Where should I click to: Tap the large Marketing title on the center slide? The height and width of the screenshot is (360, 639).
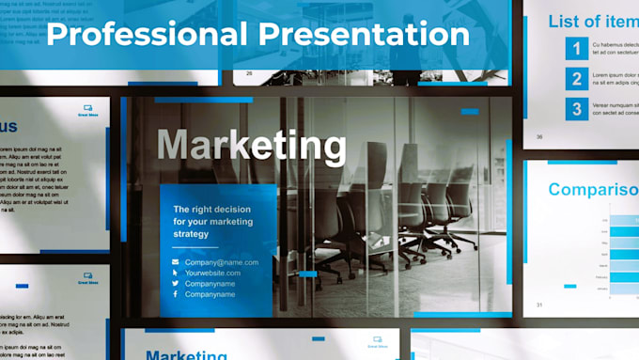pos(251,146)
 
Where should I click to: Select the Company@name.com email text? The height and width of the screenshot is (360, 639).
pos(221,262)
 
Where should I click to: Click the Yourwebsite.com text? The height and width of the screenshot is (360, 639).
pos(212,273)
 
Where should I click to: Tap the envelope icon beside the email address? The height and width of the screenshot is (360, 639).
pos(175,262)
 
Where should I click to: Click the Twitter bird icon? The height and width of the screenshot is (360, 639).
pos(175,284)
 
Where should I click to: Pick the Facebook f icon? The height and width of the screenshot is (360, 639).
pos(175,295)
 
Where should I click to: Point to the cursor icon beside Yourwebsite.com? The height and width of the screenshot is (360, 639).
pos(175,273)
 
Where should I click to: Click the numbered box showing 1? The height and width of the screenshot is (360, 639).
pos(577,49)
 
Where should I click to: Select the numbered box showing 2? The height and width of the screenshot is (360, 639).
pos(577,79)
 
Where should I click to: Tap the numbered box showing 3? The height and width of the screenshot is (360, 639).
pos(577,109)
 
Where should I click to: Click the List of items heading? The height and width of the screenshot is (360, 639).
pos(593,21)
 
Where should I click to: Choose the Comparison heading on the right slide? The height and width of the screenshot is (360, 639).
pos(593,189)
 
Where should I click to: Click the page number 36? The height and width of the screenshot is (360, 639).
pos(539,136)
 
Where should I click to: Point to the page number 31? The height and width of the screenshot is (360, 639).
pos(539,305)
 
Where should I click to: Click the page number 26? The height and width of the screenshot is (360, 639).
pos(249,72)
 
